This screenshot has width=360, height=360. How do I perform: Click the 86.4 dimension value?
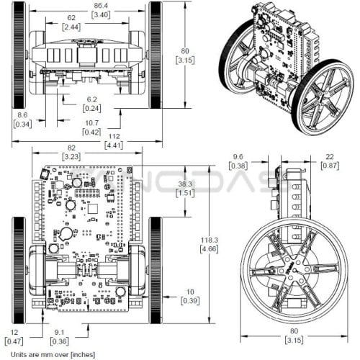point(101,5)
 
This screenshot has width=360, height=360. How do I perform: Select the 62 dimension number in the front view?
point(71,18)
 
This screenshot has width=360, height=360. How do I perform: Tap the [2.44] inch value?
point(71,27)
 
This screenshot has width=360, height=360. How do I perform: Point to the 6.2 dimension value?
point(92,99)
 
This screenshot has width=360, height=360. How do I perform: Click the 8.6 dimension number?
point(22,115)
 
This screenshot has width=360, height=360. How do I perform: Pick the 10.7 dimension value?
point(92,123)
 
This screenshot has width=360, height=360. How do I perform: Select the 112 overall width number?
point(114,136)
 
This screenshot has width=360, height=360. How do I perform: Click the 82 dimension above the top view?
point(71,148)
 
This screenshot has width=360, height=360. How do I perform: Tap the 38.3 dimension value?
point(185,184)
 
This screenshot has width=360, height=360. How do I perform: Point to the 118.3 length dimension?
point(210,240)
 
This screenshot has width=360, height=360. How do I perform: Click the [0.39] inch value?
point(190,301)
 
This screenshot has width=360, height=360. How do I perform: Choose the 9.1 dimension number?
point(59,333)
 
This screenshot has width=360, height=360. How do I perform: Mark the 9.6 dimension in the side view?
point(238,157)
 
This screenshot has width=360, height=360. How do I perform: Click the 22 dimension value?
point(330,157)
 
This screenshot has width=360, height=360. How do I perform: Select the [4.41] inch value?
point(114,145)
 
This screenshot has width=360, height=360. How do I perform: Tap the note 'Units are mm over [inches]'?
point(53,354)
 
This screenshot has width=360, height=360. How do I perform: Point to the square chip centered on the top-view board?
point(93,209)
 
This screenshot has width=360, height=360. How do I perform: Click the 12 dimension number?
point(14,333)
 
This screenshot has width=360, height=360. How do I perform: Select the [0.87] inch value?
point(330,166)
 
